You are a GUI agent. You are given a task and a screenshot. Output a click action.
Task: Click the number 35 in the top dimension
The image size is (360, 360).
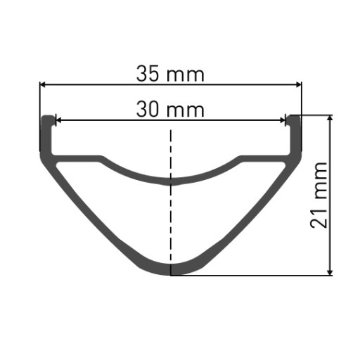[148, 74]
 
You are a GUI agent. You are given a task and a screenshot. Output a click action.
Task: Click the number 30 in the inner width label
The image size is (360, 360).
[148, 109]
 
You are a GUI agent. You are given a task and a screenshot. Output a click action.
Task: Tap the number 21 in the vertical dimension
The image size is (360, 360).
[319, 218]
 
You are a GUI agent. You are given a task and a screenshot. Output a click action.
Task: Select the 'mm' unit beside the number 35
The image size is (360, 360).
[186, 76]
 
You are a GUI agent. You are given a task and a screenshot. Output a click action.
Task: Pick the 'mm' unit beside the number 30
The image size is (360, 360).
[186, 111]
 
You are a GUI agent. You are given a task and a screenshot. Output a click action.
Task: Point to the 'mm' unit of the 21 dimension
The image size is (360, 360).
[321, 181]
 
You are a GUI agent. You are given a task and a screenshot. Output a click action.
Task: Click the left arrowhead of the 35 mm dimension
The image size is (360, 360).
[42, 84]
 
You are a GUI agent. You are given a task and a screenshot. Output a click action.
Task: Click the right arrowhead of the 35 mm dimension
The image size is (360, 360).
[299, 84]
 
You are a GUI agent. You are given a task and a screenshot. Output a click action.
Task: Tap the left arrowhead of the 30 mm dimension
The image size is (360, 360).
[58, 120]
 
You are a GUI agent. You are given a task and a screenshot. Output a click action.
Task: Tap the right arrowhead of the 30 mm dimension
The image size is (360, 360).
[283, 120]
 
